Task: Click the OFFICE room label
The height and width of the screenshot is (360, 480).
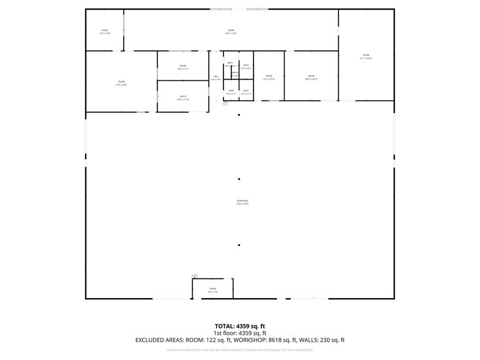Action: tap(182, 97)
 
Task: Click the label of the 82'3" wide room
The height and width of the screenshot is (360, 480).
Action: tap(231, 31)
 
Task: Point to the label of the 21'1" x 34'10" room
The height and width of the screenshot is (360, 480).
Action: tap(366, 56)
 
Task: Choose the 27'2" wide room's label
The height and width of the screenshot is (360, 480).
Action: tap(121, 83)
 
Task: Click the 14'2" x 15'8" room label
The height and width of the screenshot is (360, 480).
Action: tap(105, 31)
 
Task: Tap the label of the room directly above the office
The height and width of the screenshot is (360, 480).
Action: tap(182, 67)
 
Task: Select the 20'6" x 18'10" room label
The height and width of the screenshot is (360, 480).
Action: tap(311, 77)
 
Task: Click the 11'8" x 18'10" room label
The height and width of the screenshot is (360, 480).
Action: tap(269, 77)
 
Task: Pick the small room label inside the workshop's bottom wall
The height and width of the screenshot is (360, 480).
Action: tap(212, 290)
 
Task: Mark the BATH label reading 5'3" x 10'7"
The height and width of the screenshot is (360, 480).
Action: tap(246, 67)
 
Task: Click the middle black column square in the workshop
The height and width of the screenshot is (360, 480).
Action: tap(239, 179)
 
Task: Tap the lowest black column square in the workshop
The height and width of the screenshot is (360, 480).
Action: tap(239, 245)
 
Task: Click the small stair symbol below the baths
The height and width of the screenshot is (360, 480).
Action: tap(225, 103)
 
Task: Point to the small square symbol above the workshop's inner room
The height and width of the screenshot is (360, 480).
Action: tap(195, 276)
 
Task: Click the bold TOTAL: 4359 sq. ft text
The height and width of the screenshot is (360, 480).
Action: tap(239, 326)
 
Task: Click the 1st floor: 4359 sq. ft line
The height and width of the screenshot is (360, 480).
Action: tap(239, 333)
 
